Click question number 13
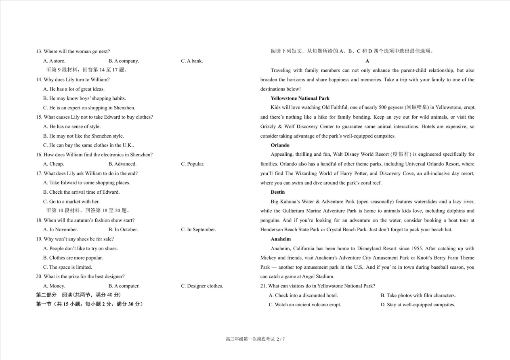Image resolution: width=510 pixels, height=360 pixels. point(39,51)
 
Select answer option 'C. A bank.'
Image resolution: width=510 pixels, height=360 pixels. point(192,61)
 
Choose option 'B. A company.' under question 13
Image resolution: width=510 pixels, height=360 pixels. point(124,61)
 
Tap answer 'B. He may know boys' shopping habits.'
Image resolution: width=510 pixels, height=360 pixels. point(84,98)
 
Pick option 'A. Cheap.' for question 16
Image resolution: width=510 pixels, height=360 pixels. point(53,164)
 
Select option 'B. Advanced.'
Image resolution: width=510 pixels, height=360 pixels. point(122,164)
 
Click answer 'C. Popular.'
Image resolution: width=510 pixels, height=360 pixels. point(193,164)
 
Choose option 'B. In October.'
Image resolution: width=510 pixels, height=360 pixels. point(123,230)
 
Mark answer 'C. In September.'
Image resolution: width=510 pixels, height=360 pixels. point(198,230)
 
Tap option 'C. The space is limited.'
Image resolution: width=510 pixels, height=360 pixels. point(67,267)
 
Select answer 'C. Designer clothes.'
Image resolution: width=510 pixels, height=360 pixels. point(202,286)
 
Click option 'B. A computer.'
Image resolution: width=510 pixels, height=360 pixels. point(124,286)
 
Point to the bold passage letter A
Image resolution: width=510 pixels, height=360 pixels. point(367,61)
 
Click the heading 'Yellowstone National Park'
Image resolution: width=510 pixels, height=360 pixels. point(300,98)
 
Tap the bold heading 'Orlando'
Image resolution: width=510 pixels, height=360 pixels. point(280,145)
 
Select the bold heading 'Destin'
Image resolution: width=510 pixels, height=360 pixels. point(278,192)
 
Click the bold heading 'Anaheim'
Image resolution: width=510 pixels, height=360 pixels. point(281,239)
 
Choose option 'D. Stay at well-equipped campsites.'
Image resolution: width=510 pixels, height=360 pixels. point(418,305)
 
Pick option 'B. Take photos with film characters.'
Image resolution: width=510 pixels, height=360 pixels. point(418,295)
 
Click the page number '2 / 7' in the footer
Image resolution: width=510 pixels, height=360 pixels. point(281,339)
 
